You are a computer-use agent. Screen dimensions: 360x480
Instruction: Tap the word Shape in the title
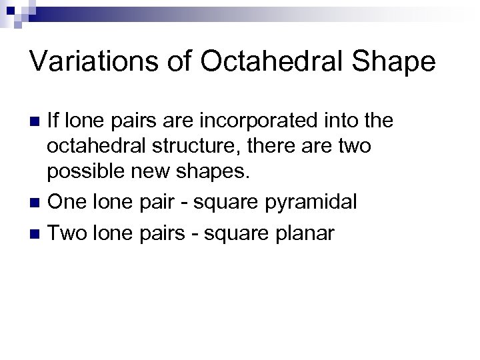[x=394, y=63]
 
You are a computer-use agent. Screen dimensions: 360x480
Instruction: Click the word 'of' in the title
[x=169, y=61]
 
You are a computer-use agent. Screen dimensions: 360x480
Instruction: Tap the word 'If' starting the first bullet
[x=53, y=121]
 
